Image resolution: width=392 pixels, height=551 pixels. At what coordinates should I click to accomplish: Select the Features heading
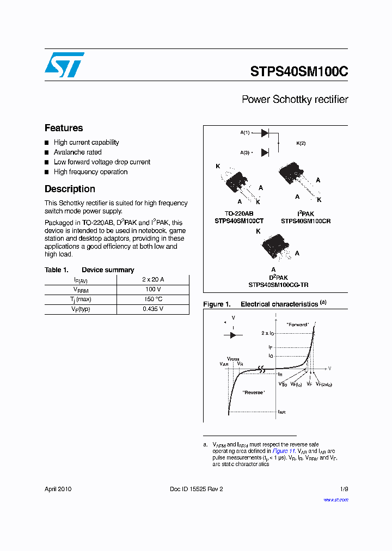click(x=64, y=128)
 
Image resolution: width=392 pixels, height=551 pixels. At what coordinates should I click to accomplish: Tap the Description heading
click(x=70, y=189)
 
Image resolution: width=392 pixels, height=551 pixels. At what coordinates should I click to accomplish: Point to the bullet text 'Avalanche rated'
click(x=77, y=152)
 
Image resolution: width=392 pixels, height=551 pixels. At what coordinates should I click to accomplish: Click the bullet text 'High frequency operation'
click(x=90, y=172)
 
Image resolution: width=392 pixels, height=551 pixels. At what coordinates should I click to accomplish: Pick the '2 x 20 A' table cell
click(x=152, y=279)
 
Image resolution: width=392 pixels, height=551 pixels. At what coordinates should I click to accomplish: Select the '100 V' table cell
click(x=152, y=289)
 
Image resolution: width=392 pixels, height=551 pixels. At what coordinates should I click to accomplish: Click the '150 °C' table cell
click(x=152, y=299)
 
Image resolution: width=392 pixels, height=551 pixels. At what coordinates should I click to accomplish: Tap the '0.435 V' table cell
click(x=152, y=309)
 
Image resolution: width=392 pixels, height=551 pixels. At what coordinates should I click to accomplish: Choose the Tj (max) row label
click(x=80, y=299)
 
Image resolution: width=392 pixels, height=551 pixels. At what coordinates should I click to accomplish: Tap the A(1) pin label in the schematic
click(x=245, y=133)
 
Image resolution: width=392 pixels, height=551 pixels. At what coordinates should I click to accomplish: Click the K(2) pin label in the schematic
click(x=301, y=143)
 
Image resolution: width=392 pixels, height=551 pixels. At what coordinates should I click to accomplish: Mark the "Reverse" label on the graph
click(x=254, y=393)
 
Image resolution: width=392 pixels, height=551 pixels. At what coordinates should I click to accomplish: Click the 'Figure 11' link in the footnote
click(x=284, y=451)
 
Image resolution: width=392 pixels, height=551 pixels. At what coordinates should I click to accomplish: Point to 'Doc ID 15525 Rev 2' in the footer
click(x=197, y=489)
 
